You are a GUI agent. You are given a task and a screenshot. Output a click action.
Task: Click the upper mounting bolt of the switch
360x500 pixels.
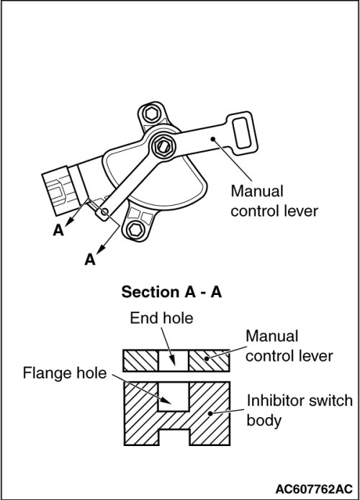(x=150, y=113)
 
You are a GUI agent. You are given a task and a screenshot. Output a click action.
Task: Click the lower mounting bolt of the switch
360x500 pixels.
(x=135, y=229)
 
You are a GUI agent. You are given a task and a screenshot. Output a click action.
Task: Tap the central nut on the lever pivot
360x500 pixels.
(x=163, y=146)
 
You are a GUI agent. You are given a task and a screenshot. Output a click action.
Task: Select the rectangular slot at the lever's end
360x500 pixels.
(x=242, y=133)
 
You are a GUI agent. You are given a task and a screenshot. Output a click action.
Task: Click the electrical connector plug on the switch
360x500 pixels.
(x=60, y=191)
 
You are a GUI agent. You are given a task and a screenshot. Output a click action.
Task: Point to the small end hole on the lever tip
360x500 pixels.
(x=104, y=212)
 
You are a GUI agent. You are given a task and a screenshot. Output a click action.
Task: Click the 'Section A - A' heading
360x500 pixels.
(x=171, y=292)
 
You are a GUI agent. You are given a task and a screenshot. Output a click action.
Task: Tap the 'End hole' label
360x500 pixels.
(x=161, y=318)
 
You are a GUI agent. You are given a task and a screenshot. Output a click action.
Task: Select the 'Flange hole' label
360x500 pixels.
(x=65, y=373)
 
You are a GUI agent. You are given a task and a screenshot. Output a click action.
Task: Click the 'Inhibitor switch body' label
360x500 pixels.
(x=300, y=410)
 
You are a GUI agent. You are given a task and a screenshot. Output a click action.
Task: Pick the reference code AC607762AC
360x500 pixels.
(x=314, y=488)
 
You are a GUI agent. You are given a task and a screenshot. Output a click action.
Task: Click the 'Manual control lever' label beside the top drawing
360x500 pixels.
(x=274, y=201)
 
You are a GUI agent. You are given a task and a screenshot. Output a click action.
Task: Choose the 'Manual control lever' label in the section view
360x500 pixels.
(x=289, y=346)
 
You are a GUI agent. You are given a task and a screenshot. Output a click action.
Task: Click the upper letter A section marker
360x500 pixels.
(x=58, y=229)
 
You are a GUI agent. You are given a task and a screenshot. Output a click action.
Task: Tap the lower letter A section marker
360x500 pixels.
(x=90, y=260)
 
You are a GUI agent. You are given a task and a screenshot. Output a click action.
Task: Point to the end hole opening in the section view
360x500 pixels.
(x=174, y=360)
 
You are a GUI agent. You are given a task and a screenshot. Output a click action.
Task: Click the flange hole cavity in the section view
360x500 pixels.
(x=174, y=396)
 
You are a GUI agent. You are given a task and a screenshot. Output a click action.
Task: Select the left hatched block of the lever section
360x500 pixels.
(x=141, y=360)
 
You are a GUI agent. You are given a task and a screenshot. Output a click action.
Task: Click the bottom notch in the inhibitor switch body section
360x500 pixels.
(x=174, y=437)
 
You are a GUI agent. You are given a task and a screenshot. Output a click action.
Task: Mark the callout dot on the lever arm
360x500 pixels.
(x=213, y=139)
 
